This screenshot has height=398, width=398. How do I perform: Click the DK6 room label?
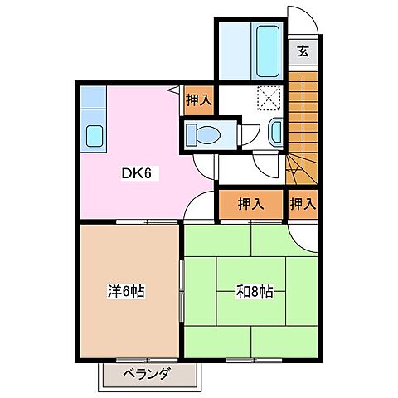point(137,175)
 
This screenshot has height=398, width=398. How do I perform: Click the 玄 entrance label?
point(303,50)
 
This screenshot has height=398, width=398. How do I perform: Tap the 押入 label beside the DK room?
point(197,99)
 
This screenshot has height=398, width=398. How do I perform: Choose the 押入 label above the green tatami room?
point(251,204)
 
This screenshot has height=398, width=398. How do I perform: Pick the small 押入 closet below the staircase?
point(303,204)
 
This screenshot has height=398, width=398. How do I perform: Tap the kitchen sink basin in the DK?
point(93,133)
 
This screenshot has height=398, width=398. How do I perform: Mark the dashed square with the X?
point(269,98)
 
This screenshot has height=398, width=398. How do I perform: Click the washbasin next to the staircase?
point(276,131)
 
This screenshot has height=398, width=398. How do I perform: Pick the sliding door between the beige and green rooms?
point(182,290)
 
